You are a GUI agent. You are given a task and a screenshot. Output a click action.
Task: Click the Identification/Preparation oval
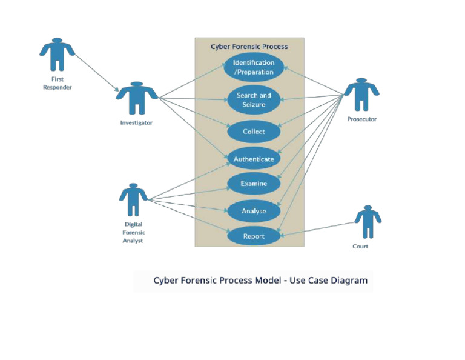click(x=254, y=67)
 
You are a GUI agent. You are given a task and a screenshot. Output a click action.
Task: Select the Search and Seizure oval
click(x=254, y=100)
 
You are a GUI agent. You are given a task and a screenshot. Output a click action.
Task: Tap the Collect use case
click(x=254, y=132)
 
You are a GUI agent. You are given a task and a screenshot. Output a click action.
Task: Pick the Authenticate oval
click(x=254, y=159)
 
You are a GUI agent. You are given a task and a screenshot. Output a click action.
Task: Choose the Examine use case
click(x=254, y=184)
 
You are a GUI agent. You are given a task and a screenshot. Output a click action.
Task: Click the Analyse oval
click(x=254, y=212)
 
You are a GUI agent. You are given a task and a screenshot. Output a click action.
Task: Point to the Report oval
click(x=254, y=236)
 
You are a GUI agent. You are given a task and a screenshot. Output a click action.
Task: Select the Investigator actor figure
click(x=136, y=98)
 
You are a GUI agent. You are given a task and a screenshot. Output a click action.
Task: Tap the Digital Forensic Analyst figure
click(x=133, y=199)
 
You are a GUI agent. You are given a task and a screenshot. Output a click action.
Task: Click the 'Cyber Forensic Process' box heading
click(x=249, y=47)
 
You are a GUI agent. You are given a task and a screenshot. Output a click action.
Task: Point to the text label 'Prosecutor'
click(x=361, y=119)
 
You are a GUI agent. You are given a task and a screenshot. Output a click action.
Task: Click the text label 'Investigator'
click(x=136, y=123)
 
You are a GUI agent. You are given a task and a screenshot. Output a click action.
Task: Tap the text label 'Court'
click(x=360, y=247)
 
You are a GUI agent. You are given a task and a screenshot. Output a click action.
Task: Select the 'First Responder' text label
click(x=57, y=83)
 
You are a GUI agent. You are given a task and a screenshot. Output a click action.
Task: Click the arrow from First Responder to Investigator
click(x=97, y=73)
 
